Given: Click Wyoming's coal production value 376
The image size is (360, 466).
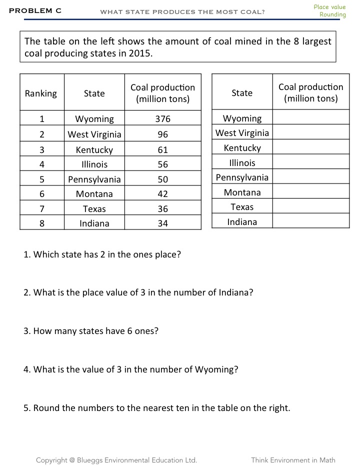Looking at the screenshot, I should point(162,119).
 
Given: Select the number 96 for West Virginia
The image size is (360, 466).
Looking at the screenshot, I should point(162,134).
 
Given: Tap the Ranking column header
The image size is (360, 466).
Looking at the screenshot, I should point(41,93).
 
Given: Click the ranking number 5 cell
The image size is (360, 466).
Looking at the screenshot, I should point(42,179).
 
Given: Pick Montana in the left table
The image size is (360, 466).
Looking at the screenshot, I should point(94,194).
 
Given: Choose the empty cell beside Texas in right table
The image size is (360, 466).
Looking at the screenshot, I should point(310,207).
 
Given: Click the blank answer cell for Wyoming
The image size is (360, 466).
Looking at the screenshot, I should point(310,118).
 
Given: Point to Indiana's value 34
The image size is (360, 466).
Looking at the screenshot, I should point(162,223).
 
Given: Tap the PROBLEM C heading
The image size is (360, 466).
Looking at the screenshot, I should point(35,10).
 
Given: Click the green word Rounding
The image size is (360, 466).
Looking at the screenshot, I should point(332,15).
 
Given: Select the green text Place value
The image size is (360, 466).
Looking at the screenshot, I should point(329,7).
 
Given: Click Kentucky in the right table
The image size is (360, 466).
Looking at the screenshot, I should point(242,148).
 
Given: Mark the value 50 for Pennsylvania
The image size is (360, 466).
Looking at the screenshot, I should point(162,179).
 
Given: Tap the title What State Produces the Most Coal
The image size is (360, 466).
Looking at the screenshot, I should point(182,11).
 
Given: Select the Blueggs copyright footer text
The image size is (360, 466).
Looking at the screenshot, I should point(116,460).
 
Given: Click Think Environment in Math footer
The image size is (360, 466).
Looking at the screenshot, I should point(293,460).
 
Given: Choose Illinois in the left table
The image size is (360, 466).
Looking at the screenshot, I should point(94,164).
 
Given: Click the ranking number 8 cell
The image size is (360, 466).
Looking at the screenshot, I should point(42,223).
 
